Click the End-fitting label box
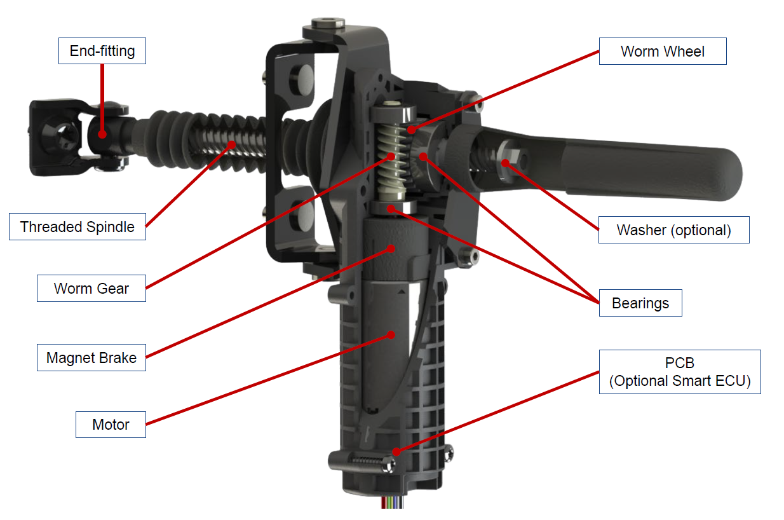(x=102, y=51)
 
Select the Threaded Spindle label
(x=78, y=226)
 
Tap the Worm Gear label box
(x=91, y=288)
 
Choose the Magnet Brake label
(x=91, y=357)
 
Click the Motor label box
(x=111, y=425)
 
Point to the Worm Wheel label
(x=663, y=51)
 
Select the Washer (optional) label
(x=673, y=229)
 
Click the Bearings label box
(x=640, y=303)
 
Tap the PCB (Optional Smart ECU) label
(x=680, y=372)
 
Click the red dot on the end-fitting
(x=102, y=133)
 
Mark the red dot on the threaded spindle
(x=231, y=144)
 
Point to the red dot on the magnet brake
(x=391, y=249)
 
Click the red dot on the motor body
(x=391, y=335)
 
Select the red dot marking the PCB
(x=396, y=452)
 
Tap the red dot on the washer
(x=505, y=163)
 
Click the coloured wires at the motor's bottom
(x=393, y=502)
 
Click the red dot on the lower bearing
(x=391, y=209)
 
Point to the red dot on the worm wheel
(x=412, y=130)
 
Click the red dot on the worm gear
(x=391, y=156)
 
